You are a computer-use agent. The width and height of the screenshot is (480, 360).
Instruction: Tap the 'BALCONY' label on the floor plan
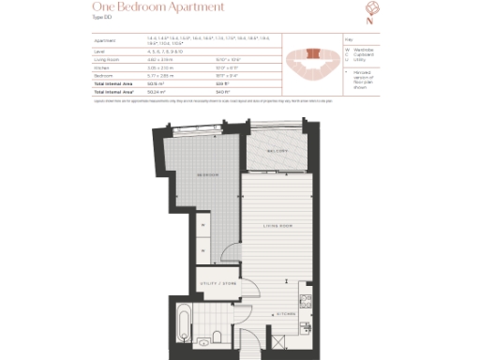click(x=278, y=150)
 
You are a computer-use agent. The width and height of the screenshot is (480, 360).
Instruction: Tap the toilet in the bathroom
click(x=216, y=335)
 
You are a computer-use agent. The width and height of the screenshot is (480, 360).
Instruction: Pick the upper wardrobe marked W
click(x=202, y=224)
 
